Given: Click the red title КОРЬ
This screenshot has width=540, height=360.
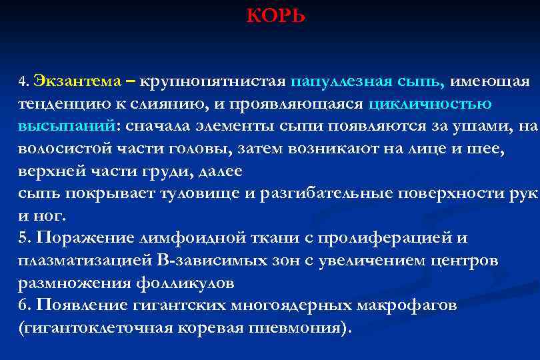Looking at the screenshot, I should tap(276, 15).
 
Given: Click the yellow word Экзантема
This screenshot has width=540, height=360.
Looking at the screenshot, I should tap(77, 81).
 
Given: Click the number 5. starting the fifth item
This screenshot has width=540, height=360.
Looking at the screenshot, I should tap(25, 238).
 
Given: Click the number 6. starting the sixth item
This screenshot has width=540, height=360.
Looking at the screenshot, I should tap(25, 305).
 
